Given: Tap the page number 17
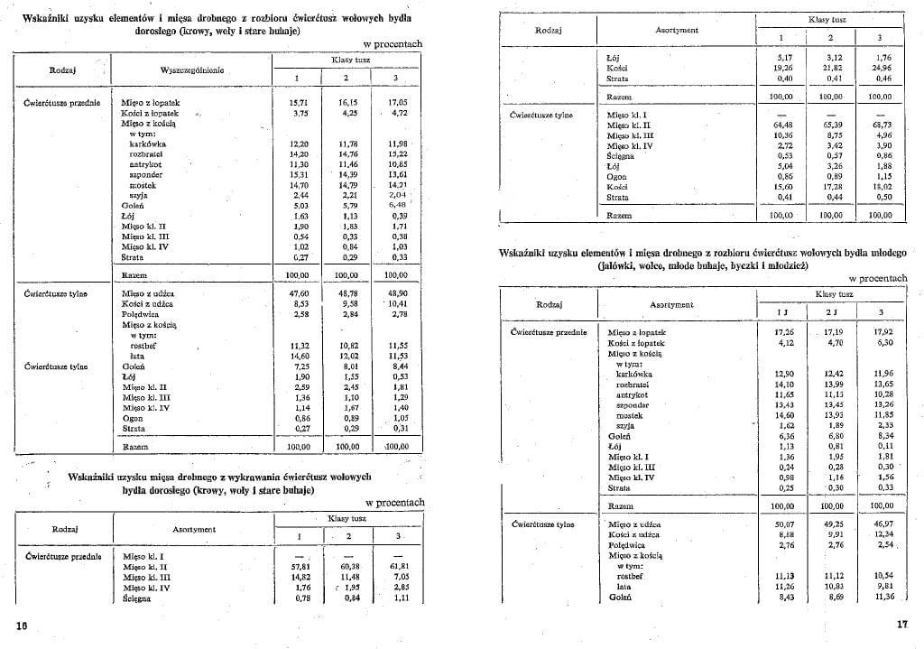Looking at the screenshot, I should [x=901, y=625].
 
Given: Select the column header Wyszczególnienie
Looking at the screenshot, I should [x=193, y=70].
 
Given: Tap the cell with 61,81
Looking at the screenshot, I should [x=400, y=566].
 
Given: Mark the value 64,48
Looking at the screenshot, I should [x=782, y=125].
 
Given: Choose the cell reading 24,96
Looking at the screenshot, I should [x=879, y=68].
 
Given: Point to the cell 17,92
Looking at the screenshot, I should [x=878, y=332].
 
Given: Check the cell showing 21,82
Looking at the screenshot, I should [x=830, y=68].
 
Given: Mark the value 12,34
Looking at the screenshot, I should [x=878, y=534].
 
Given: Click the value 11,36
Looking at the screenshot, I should [x=878, y=597].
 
